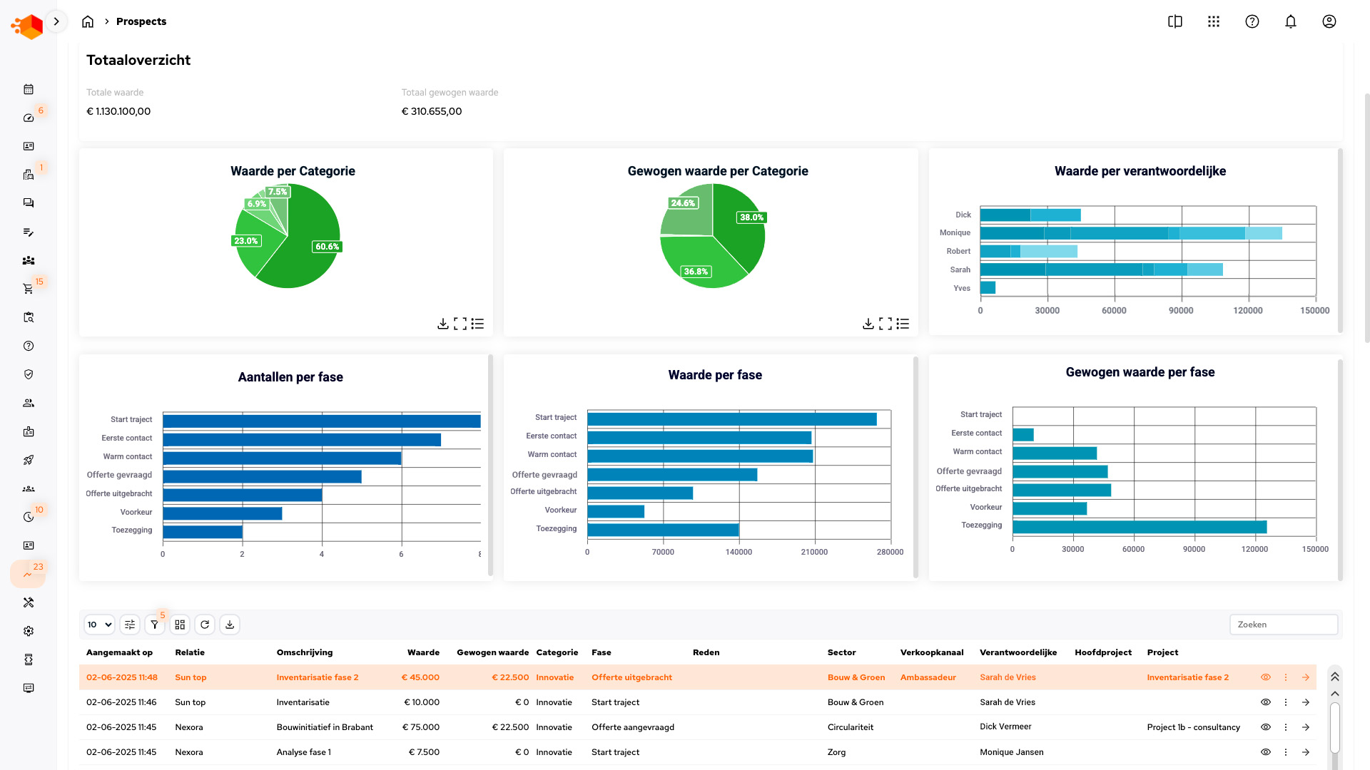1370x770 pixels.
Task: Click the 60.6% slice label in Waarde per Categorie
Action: [328, 247]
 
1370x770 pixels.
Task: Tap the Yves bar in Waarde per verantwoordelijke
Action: [988, 288]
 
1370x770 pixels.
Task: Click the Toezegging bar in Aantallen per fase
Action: [203, 531]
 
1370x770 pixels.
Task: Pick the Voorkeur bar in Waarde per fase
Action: [616, 511]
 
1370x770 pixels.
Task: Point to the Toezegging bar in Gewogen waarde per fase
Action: [1140, 527]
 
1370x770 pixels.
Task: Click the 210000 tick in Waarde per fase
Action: [814, 552]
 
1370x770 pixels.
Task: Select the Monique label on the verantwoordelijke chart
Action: [955, 232]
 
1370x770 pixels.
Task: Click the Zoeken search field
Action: [1283, 625]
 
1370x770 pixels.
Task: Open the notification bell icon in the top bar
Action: [1290, 21]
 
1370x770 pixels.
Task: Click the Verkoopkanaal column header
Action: [931, 652]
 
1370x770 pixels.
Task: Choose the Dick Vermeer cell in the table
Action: [1005, 727]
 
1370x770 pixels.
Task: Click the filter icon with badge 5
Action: [154, 625]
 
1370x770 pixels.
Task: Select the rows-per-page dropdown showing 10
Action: [99, 625]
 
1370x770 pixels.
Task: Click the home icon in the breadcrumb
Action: [88, 21]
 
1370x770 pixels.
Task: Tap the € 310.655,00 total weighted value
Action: [432, 111]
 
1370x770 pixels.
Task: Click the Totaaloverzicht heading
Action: [138, 60]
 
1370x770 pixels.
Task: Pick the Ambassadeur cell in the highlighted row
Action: [928, 677]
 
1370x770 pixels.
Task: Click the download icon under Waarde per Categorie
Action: [442, 324]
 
